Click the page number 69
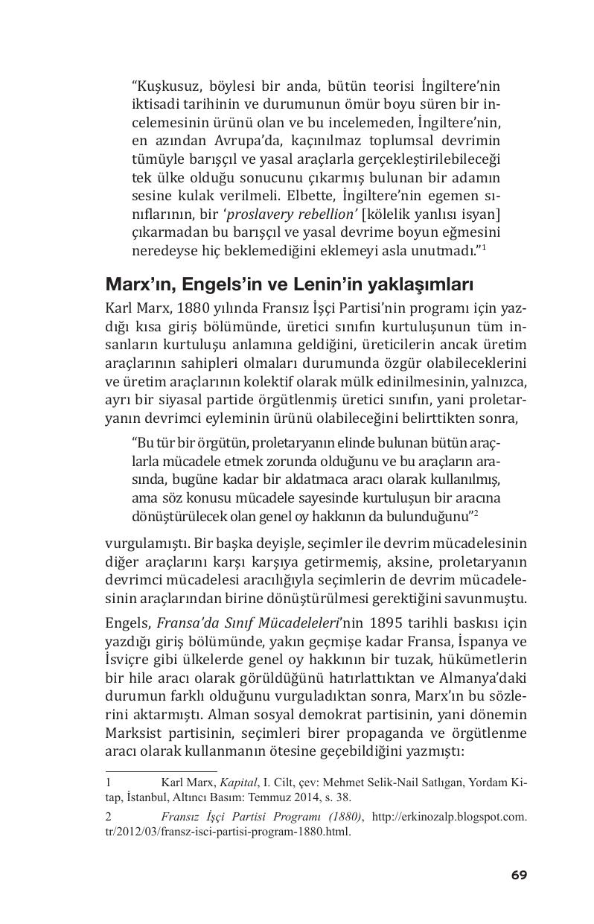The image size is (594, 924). pyautogui.click(x=519, y=875)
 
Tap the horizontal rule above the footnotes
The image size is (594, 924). pyautogui.click(x=161, y=771)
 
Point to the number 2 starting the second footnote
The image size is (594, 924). pyautogui.click(x=109, y=816)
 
